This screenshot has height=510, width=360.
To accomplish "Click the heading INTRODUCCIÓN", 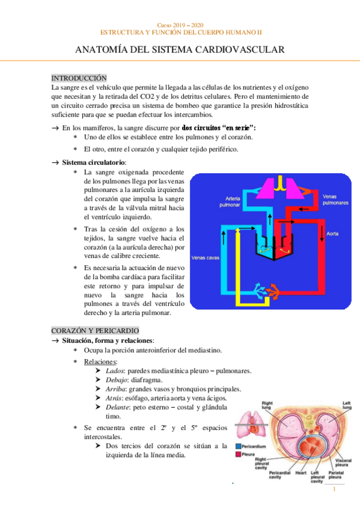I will pos(79,78).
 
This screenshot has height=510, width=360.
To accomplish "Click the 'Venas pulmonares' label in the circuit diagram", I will pos(335,199).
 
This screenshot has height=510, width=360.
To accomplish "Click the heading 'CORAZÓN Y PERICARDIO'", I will pos(95,331).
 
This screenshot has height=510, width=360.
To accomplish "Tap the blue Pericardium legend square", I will pos(239,447).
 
